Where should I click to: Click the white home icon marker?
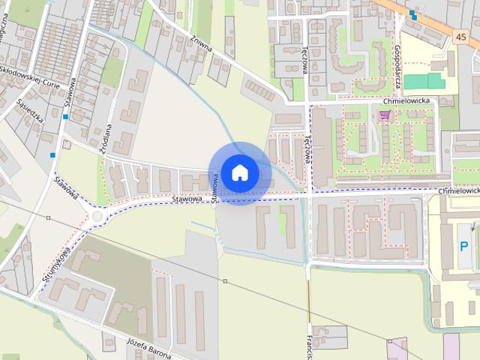[x=239, y=172]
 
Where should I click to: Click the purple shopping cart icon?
[x=385, y=115]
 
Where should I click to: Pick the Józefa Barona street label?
[x=151, y=346]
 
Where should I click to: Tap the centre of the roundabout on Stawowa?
[x=97, y=217]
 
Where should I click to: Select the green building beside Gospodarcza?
[x=424, y=81]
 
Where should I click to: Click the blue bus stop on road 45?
[x=412, y=13]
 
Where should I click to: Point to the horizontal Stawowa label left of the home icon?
[x=186, y=199]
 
